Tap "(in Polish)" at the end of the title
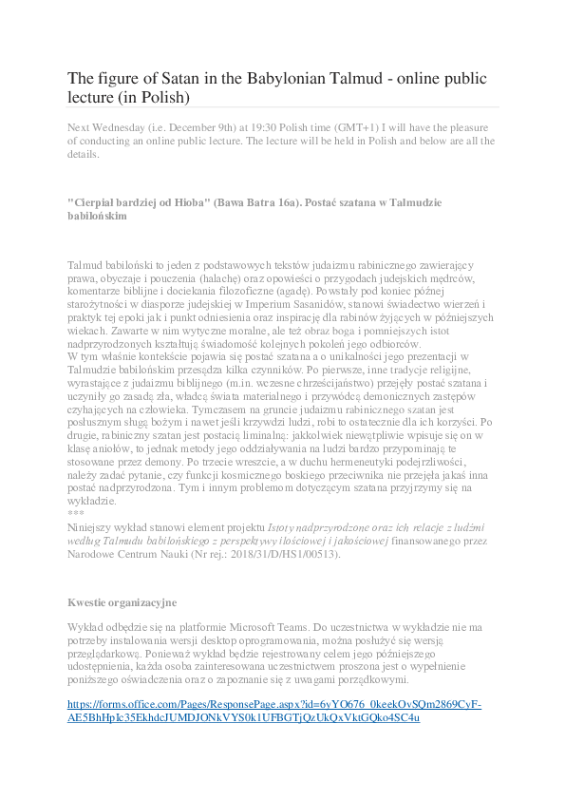click(x=158, y=97)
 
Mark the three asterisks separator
click(x=76, y=513)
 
